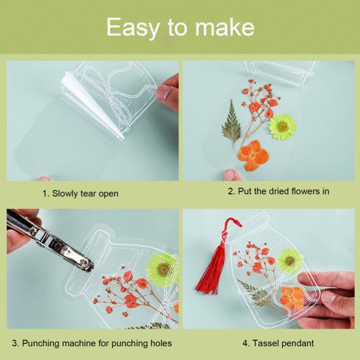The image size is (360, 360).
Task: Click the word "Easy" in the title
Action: [133, 27]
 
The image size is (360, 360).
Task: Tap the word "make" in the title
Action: [225, 27]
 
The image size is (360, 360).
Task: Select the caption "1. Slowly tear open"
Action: [80, 193]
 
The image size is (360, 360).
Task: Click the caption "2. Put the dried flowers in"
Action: [278, 191]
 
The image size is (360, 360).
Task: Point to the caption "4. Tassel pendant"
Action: [278, 343]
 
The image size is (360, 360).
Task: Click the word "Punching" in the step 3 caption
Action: [41, 344]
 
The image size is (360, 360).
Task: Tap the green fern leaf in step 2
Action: [231, 123]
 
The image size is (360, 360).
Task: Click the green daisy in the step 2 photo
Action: [283, 127]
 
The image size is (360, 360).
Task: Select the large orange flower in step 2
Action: [253, 155]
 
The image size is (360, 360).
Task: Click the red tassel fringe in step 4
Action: [211, 272]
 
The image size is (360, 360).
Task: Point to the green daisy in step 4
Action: [289, 260]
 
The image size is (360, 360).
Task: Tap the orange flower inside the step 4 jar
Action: [292, 297]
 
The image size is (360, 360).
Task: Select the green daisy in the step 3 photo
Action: [163, 269]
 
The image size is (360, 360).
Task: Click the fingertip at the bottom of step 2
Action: [232, 174]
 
